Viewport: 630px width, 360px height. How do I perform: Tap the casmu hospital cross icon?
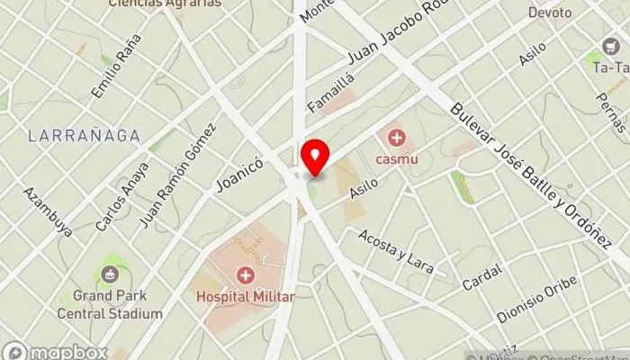click(395, 137)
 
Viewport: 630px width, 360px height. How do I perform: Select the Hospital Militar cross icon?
click(244, 275)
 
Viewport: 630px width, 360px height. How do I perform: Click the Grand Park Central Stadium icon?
click(109, 274)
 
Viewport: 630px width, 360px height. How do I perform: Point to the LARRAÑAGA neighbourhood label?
click(84, 136)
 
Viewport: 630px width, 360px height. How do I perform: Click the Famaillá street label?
click(332, 93)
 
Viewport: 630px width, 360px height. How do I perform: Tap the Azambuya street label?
click(48, 212)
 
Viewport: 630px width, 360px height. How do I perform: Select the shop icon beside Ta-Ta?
click(609, 46)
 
